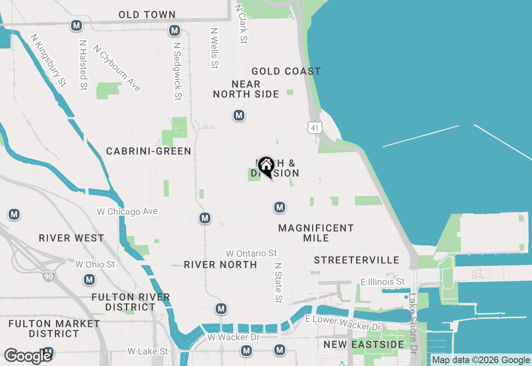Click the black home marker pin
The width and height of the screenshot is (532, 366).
(x=266, y=167)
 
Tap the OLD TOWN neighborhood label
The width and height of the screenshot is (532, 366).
(x=147, y=15)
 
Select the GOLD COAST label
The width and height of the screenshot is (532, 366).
(x=286, y=72)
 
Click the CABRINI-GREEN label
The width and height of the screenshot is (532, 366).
(x=149, y=151)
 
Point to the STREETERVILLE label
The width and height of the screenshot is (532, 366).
(x=357, y=260)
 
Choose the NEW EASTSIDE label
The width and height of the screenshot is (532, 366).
(x=364, y=344)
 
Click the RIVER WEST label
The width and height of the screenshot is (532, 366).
(x=71, y=238)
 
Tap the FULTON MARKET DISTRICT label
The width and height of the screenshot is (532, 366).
(x=54, y=329)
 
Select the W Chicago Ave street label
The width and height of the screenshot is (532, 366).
(x=127, y=212)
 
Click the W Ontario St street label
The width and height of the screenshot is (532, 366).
(x=251, y=253)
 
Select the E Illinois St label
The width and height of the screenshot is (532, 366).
(x=382, y=282)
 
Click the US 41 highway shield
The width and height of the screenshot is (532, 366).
(x=315, y=128)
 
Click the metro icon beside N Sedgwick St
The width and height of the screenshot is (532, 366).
(x=175, y=30)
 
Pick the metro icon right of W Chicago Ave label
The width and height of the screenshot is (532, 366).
(x=204, y=218)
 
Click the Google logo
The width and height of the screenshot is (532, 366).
(x=27, y=356)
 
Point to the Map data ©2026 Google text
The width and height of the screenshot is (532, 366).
(x=481, y=360)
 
